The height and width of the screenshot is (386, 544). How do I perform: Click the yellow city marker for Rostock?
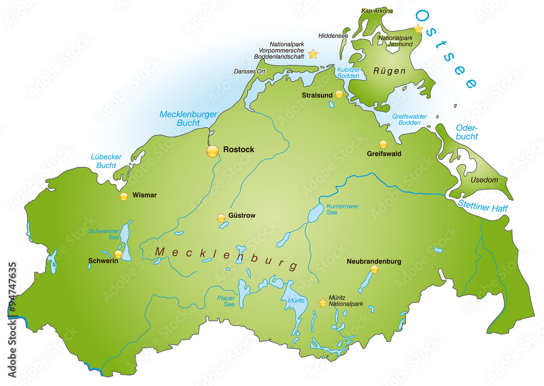click(212, 152)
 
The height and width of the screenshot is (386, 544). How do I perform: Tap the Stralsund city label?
click(317, 95)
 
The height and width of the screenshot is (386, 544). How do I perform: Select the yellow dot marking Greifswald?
click(384, 145)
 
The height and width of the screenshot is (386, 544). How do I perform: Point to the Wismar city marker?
click(124, 196)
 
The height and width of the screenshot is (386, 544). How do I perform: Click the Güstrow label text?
click(242, 216)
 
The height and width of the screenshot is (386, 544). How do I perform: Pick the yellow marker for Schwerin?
click(118, 254)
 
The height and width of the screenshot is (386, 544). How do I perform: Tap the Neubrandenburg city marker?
click(374, 269)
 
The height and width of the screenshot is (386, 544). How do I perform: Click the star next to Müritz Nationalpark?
click(323, 302)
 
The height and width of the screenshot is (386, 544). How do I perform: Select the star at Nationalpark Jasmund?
click(418, 28)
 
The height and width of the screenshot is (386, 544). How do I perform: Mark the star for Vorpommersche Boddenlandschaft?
click(313, 54)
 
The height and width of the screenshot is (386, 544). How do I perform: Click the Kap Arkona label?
click(376, 10)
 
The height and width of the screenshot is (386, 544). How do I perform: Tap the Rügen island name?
click(390, 71)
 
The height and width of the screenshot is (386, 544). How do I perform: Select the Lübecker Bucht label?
click(106, 161)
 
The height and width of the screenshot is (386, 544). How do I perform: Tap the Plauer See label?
click(225, 301)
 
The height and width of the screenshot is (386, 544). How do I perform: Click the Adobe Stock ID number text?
click(12, 316)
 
